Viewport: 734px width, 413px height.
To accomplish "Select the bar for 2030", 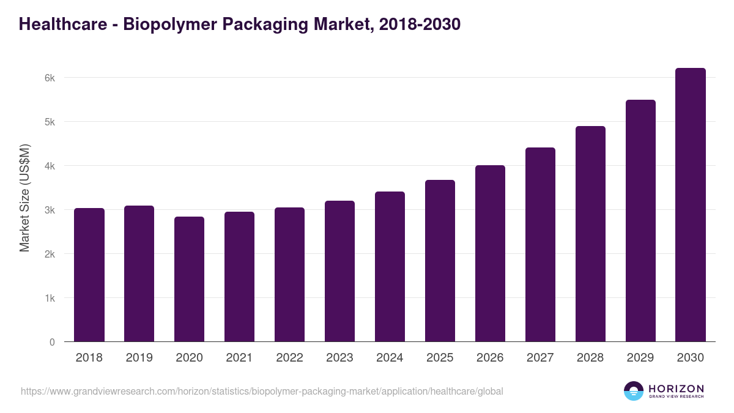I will click(x=691, y=205).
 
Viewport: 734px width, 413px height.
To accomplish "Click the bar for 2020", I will click(x=189, y=279).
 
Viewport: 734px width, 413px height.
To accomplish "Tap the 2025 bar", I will click(x=440, y=261).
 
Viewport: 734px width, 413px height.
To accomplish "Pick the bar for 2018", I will click(x=89, y=275).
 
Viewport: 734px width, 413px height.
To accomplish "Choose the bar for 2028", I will click(x=590, y=234).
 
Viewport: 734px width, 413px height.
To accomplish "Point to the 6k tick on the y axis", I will click(x=50, y=78).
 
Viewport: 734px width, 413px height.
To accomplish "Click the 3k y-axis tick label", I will click(x=50, y=210).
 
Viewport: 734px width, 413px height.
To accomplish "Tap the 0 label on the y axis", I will click(x=52, y=342).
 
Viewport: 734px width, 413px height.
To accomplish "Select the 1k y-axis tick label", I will click(x=50, y=298).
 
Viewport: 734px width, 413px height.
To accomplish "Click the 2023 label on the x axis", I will click(x=339, y=358).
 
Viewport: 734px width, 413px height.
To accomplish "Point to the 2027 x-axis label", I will click(x=540, y=358).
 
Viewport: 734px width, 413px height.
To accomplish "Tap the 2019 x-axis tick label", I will click(x=139, y=358).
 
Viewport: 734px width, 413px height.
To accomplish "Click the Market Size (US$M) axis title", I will click(x=24, y=198).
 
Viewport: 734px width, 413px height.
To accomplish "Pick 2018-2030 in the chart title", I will click(x=420, y=24).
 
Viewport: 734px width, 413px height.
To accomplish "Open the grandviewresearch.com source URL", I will click(x=262, y=391).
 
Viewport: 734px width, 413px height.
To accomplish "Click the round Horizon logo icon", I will click(x=634, y=391).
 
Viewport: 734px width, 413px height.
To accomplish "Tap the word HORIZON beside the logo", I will click(x=676, y=388).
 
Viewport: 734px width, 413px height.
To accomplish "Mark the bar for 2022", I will click(x=289, y=275).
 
